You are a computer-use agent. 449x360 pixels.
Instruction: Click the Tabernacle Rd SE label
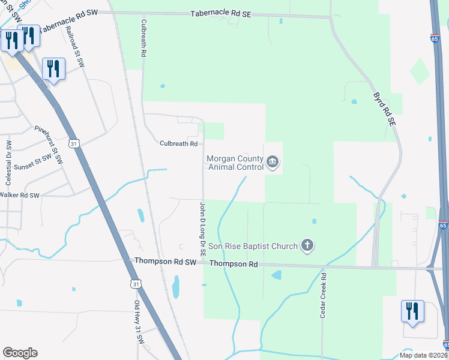point(221,14)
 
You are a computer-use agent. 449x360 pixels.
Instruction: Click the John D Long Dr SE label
point(203,227)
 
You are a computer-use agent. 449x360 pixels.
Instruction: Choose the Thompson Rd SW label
point(166,262)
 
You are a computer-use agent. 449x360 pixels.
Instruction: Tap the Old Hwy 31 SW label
point(139,331)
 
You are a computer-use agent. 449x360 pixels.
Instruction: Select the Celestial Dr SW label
point(8,163)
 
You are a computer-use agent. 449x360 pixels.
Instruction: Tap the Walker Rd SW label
point(19,195)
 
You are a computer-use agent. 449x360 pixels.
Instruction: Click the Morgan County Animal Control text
point(235,163)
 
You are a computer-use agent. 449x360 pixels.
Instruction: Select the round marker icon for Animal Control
point(273,162)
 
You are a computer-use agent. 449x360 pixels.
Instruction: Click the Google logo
point(20,353)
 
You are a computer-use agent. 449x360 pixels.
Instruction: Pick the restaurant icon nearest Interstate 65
point(412,311)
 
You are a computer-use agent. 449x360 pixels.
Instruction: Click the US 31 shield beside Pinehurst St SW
point(73,144)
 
